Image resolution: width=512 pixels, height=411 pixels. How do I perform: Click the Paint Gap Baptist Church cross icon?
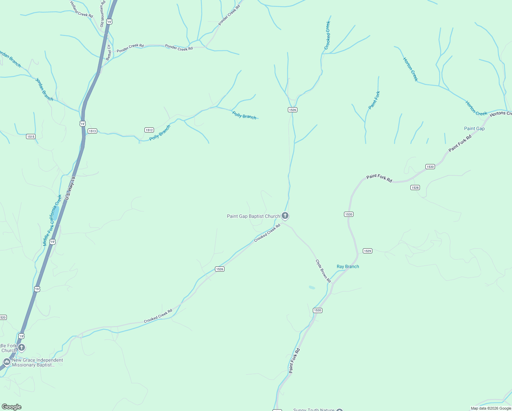(x=285, y=216)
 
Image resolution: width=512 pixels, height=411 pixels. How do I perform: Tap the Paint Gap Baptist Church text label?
(x=253, y=216)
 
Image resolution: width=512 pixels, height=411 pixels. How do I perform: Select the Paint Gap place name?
(x=474, y=128)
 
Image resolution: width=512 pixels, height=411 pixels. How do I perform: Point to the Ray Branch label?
(x=348, y=266)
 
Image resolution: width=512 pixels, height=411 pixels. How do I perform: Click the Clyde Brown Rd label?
(x=323, y=271)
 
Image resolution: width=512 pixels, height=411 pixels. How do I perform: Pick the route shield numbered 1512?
(x=149, y=130)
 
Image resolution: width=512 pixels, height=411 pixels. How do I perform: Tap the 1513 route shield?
(x=92, y=131)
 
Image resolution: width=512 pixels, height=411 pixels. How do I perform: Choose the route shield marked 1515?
(x=31, y=136)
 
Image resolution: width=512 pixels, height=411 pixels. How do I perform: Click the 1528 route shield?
(x=415, y=187)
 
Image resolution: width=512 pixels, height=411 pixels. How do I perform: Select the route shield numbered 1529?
(x=367, y=251)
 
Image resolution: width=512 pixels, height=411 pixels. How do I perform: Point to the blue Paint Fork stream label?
(x=374, y=100)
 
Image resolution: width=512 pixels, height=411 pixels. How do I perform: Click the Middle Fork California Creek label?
(x=52, y=220)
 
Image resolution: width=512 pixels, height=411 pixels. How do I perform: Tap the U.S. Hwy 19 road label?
(x=70, y=188)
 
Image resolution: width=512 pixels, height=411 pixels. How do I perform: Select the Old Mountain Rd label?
(x=102, y=14)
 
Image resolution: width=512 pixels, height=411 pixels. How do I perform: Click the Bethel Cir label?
(x=108, y=52)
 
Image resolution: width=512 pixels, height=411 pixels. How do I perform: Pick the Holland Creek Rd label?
(x=81, y=9)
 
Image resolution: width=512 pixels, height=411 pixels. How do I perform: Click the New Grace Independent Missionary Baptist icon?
(x=7, y=362)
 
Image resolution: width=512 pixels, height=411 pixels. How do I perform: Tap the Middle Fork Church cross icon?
(x=22, y=348)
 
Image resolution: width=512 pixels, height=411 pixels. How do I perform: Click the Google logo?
(x=12, y=407)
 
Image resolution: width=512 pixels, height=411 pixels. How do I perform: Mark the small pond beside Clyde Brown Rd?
(x=312, y=287)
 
